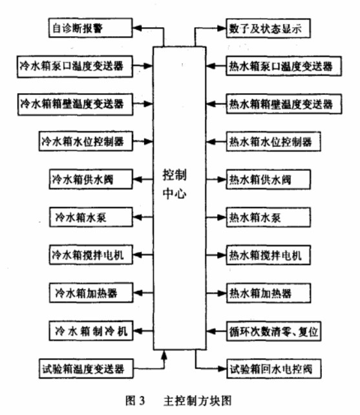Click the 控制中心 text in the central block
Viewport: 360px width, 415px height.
click(175, 184)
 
